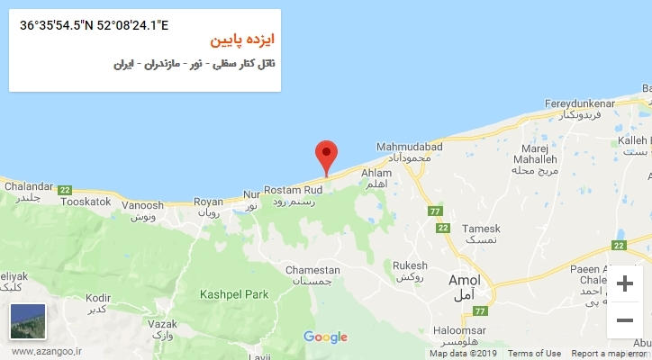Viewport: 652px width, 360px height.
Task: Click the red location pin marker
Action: click(326, 157)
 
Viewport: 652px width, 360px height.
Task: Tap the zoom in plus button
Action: click(624, 284)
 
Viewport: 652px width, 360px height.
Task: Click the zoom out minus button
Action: click(624, 319)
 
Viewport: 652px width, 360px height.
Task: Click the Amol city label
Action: click(465, 280)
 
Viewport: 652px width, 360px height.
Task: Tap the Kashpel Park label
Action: click(235, 294)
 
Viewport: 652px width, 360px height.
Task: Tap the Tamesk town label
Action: click(480, 229)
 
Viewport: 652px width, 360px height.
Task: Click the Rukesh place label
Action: click(410, 265)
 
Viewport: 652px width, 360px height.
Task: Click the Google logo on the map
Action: click(325, 337)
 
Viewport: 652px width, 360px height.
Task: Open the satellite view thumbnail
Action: click(27, 321)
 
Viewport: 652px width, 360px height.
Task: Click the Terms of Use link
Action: click(534, 354)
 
